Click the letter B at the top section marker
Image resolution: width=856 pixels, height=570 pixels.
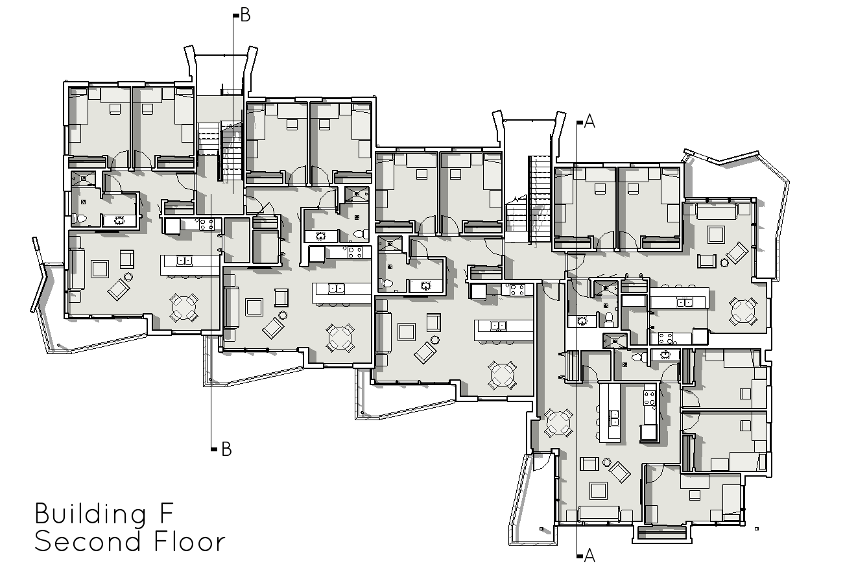coord(245,16)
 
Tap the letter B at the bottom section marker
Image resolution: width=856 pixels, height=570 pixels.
coord(226,449)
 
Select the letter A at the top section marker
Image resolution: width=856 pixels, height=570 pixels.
coord(589,121)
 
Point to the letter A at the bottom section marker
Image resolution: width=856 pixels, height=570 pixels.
coord(589,555)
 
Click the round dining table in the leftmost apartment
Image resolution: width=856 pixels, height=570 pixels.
coord(184,307)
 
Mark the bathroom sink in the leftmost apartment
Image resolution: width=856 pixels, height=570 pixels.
coord(119,220)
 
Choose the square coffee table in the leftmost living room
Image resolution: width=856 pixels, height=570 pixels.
coord(100,268)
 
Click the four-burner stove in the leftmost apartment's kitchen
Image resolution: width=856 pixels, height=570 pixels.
coord(206,225)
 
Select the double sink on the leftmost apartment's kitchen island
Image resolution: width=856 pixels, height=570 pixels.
coord(184,261)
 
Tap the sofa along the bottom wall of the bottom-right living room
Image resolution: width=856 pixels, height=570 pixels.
coord(604,514)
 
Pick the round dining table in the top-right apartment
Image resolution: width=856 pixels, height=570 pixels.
coord(743,311)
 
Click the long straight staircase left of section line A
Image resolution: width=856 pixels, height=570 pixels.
coord(540,199)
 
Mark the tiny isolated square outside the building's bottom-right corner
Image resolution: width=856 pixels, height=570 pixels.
coord(757,528)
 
